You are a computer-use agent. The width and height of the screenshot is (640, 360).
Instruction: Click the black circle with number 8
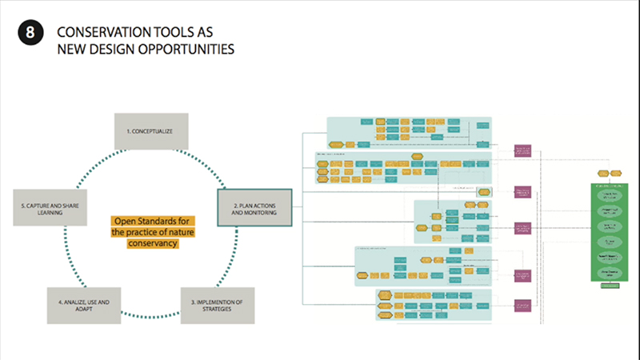click(x=30, y=33)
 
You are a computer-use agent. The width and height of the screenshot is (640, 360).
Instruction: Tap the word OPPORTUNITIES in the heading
click(x=193, y=50)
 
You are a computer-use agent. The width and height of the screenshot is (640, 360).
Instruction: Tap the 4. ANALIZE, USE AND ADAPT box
click(x=83, y=305)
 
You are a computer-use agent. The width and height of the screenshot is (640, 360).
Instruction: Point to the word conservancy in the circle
click(x=152, y=243)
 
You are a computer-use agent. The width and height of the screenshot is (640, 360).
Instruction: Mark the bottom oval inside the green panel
click(x=611, y=273)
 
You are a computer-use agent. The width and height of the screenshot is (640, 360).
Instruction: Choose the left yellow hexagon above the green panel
click(x=602, y=172)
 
